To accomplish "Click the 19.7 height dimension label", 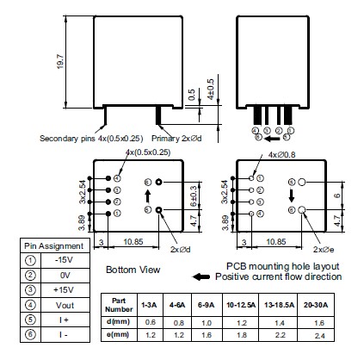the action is coord(60,61).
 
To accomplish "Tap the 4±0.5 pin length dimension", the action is coord(211,90).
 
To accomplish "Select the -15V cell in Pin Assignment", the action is coord(65,260).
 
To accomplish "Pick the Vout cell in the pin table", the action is coord(65,305).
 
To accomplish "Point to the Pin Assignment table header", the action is coord(54,246).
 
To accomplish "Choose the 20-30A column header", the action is coord(316,305).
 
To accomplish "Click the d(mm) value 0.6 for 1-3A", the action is coord(151,322).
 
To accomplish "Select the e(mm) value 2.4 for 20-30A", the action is coord(319,336).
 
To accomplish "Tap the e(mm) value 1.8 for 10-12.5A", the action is coord(242,335).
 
